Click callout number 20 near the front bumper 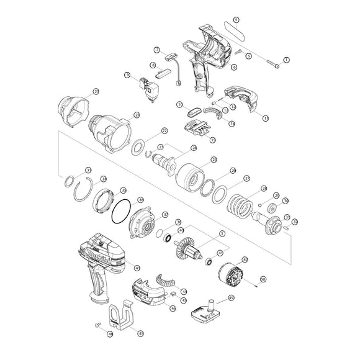pyautogui.click(x=96, y=91)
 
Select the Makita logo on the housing pyautogui.click(x=99, y=254)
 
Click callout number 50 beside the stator pyautogui.click(x=263, y=279)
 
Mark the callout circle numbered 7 pyautogui.click(x=157, y=50)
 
